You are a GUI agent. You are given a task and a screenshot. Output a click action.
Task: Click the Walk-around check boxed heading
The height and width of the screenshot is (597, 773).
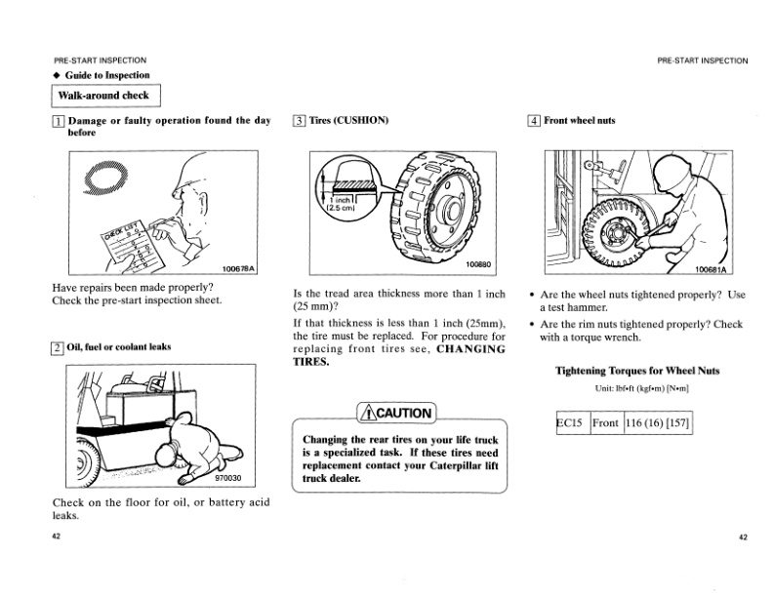click(x=104, y=97)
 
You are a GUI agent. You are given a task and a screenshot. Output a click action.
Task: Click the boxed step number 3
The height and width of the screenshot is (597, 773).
click(x=299, y=121)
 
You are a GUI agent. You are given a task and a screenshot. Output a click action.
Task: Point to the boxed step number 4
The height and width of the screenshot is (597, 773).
click(x=534, y=121)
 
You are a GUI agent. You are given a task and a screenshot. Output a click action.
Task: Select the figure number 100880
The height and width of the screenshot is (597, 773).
click(x=479, y=264)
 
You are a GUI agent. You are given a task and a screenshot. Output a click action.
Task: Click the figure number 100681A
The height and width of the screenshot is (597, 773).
click(x=713, y=270)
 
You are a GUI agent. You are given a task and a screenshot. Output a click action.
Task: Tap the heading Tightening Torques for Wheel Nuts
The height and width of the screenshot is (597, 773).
click(x=644, y=371)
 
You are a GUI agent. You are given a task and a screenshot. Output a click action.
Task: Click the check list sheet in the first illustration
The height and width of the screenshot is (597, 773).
click(x=136, y=240)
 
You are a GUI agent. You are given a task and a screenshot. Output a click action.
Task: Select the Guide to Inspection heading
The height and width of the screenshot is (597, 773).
click(x=107, y=75)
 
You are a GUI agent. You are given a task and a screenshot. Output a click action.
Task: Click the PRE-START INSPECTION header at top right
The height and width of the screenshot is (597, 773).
click(x=703, y=60)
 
